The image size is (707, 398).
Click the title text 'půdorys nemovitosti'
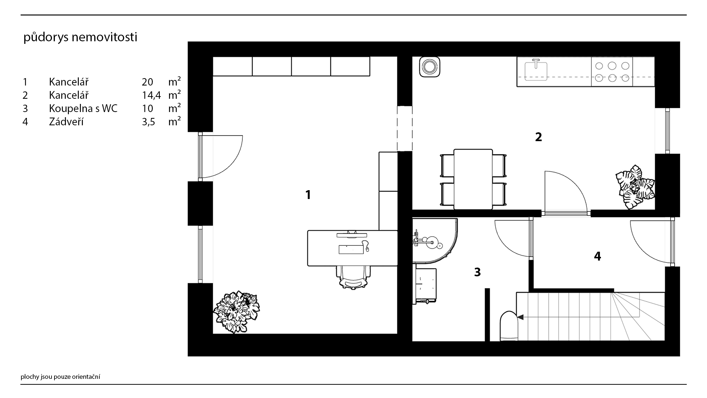(x=80, y=37)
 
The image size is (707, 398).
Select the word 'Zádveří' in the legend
(x=66, y=122)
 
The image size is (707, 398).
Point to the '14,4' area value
(x=151, y=95)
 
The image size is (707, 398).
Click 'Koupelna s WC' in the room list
(x=83, y=108)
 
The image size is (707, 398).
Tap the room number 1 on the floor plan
(x=308, y=195)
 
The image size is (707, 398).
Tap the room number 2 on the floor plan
(x=538, y=137)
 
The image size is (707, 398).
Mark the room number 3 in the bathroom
(x=477, y=272)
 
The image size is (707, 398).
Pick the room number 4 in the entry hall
(x=597, y=256)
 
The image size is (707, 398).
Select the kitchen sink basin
(x=536, y=71)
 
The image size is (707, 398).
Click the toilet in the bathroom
(x=509, y=326)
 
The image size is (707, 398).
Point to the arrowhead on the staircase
(x=520, y=317)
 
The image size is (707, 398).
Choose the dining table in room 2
(x=473, y=179)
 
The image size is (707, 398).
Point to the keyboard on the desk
(x=349, y=249)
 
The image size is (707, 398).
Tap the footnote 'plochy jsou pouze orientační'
(x=60, y=377)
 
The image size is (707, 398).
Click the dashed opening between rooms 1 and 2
(x=405, y=128)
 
